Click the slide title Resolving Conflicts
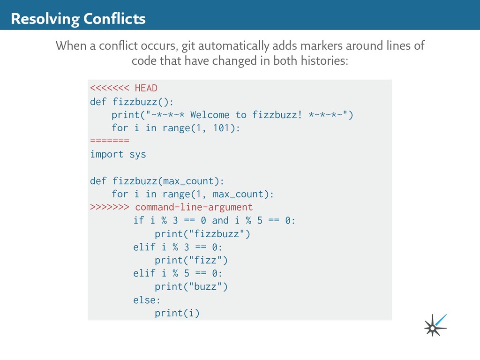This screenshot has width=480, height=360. [x=78, y=19]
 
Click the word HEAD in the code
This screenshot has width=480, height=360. [x=146, y=88]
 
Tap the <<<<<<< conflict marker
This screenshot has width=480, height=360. [x=109, y=88]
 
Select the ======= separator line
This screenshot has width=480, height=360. [x=109, y=141]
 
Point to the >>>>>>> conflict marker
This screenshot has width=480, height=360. [x=109, y=207]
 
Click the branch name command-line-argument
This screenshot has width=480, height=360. [x=194, y=207]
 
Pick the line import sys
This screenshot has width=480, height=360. [x=118, y=154]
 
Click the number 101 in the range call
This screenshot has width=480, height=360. [x=221, y=128]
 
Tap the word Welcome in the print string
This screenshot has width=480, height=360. [x=210, y=115]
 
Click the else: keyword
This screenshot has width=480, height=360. [x=147, y=300]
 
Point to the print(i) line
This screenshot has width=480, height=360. [x=177, y=313]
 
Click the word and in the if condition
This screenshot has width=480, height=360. [x=220, y=220]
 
